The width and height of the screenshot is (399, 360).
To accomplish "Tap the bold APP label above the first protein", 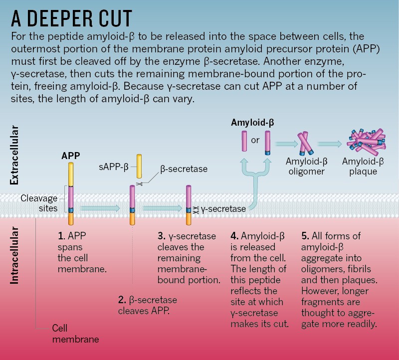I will pyautogui.click(x=70, y=155).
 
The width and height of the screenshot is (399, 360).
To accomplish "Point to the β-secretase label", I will pyautogui.click(x=184, y=169).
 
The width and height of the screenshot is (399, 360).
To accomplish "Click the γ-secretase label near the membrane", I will pyautogui.click(x=223, y=209).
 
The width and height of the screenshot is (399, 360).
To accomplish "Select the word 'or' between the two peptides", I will pyautogui.click(x=255, y=140).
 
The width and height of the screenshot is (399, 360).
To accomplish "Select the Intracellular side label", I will pyautogui.click(x=14, y=256).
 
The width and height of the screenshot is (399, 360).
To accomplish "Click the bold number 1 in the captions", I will pyautogui.click(x=61, y=236).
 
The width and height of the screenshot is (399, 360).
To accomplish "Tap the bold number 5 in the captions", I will pyautogui.click(x=305, y=236).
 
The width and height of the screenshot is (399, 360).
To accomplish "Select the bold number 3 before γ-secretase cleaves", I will pyautogui.click(x=160, y=236).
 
